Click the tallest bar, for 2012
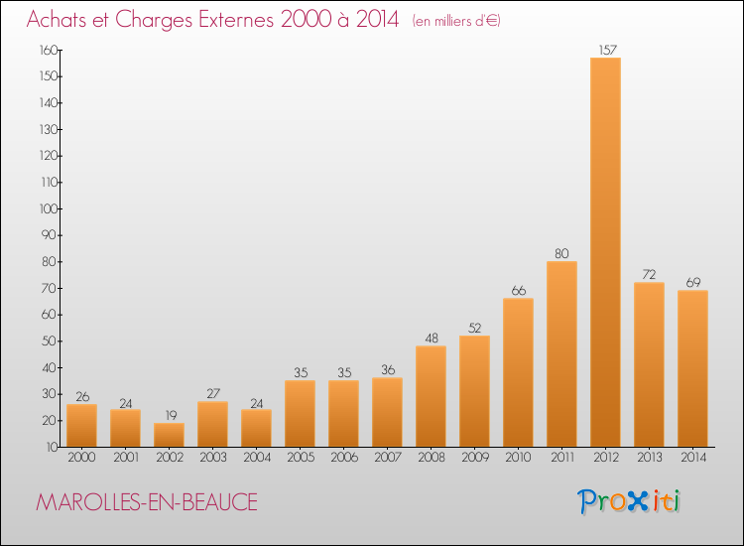pyautogui.click(x=605, y=252)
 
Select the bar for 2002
pyautogui.click(x=169, y=435)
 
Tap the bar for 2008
pyautogui.click(x=431, y=396)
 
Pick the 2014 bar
pyautogui.click(x=692, y=368)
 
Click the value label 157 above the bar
pyautogui.click(x=607, y=50)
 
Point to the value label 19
pyautogui.click(x=171, y=415)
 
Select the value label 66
pyautogui.click(x=519, y=291)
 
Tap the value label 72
pyautogui.click(x=649, y=274)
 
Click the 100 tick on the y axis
pyautogui.click(x=50, y=208)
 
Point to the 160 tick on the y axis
pyautogui.click(x=50, y=50)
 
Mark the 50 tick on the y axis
pyautogui.click(x=50, y=341)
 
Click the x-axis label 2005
pyautogui.click(x=301, y=458)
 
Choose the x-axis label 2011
pyautogui.click(x=562, y=458)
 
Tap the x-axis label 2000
pyautogui.click(x=81, y=458)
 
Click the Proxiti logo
pyautogui.click(x=629, y=501)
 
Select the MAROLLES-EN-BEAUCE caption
pyautogui.click(x=147, y=502)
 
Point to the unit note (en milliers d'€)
pyautogui.click(x=456, y=21)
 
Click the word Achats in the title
pyautogui.click(x=57, y=19)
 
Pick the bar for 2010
pyautogui.click(x=518, y=372)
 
